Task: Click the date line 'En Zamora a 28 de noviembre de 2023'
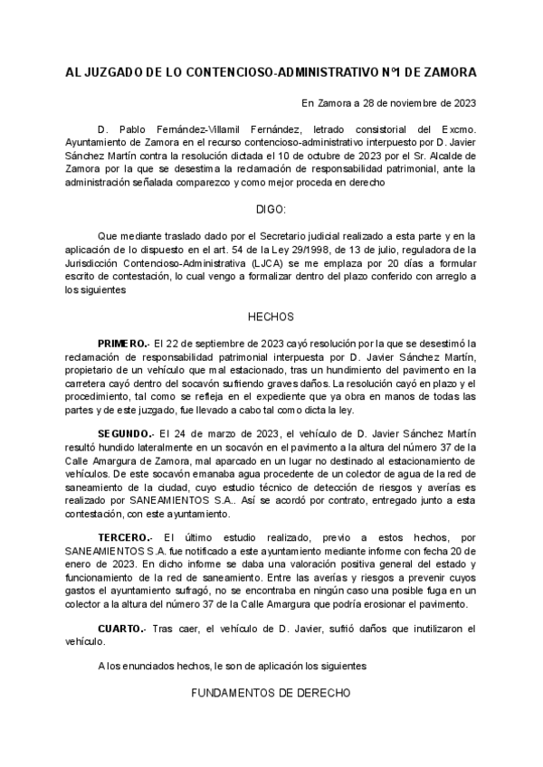tap(389, 102)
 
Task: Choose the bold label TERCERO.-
tap(125, 538)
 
